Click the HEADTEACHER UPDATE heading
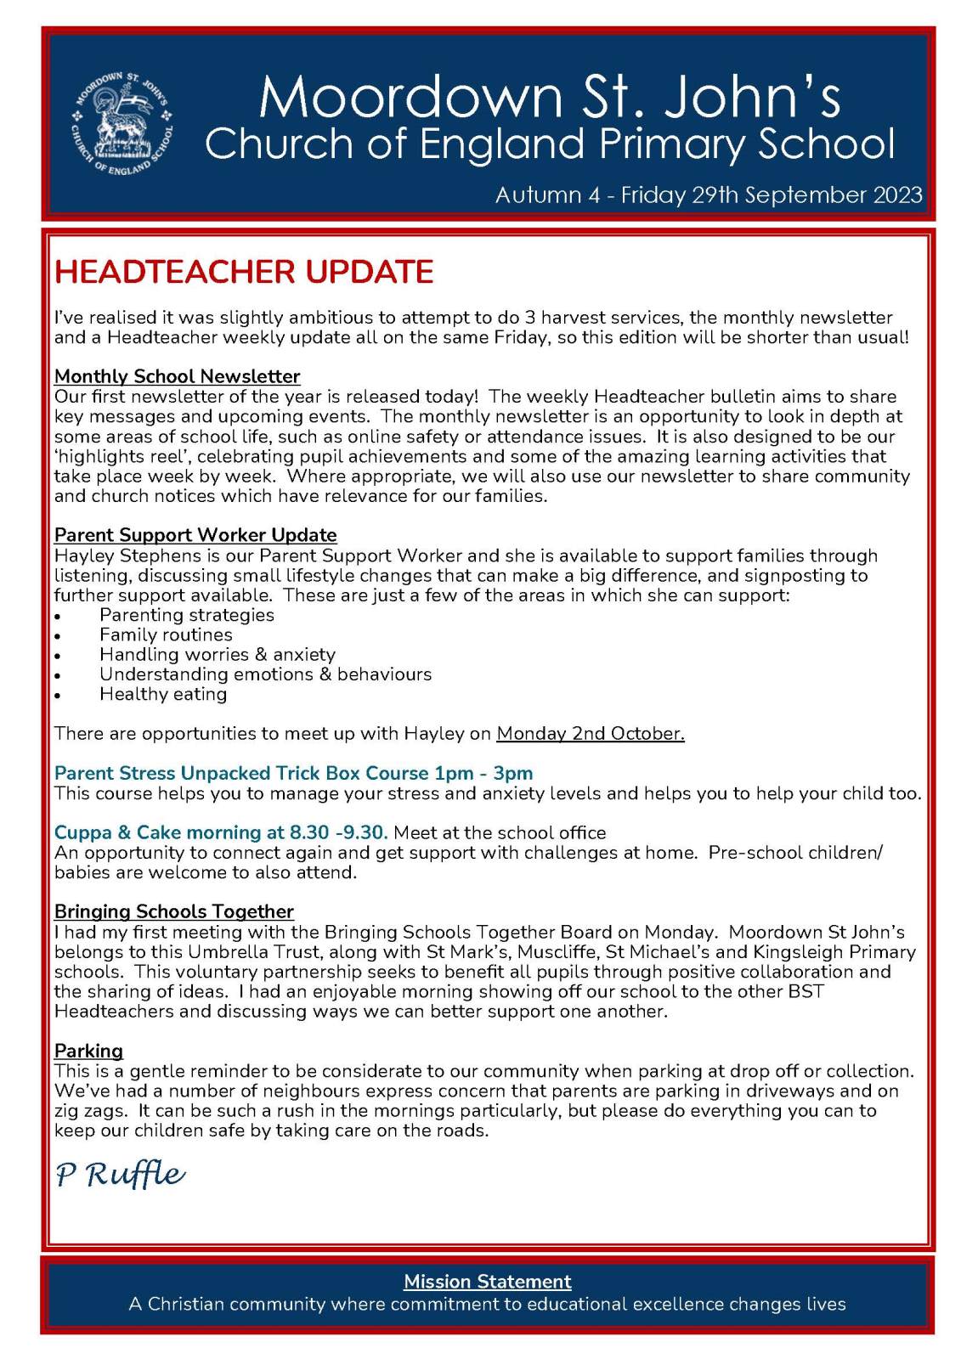(244, 272)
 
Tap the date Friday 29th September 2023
(772, 195)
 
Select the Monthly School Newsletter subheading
(177, 376)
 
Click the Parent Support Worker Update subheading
(195, 535)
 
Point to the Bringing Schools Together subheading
(173, 911)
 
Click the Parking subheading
(88, 1051)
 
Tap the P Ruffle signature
(120, 1175)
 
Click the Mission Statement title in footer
(487, 1281)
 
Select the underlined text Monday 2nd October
(590, 733)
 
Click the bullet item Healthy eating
(163, 694)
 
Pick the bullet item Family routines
(166, 634)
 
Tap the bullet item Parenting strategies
(187, 615)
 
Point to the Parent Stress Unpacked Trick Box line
(293, 773)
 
